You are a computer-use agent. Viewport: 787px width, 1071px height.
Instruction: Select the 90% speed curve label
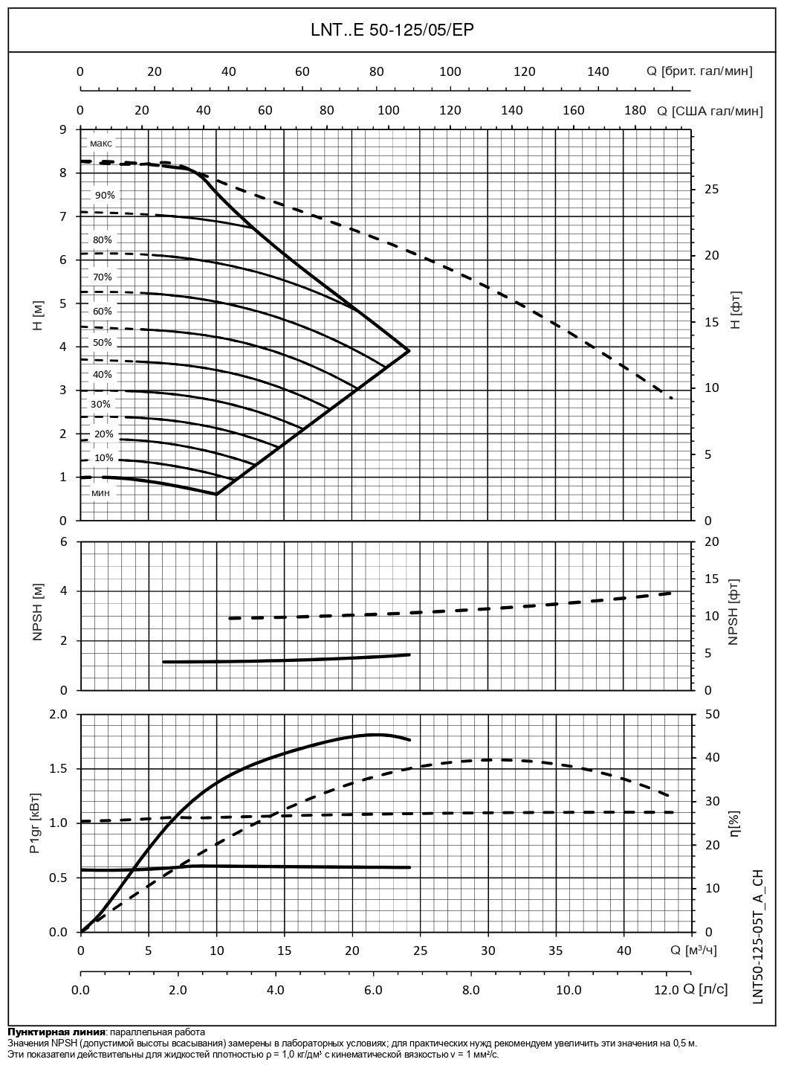(x=105, y=195)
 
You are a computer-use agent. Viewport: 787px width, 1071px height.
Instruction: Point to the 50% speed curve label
(x=103, y=342)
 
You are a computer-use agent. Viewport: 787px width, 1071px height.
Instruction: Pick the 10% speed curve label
(x=104, y=458)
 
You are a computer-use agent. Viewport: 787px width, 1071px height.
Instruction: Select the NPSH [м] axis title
(x=39, y=615)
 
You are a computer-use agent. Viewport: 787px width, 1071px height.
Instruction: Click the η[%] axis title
(x=735, y=823)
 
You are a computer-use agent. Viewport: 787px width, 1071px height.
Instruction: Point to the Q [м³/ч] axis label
(x=694, y=950)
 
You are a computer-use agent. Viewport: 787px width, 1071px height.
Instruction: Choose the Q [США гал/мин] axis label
(x=710, y=111)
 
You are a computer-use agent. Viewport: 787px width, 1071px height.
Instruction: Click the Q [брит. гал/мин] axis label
(x=699, y=71)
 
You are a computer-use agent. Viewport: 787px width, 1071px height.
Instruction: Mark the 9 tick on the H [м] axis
(x=63, y=129)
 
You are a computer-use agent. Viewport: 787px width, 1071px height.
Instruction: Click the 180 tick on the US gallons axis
(x=635, y=111)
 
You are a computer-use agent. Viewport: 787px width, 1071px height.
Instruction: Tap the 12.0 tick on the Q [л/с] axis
(x=667, y=990)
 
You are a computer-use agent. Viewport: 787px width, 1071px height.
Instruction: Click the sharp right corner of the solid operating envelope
(x=409, y=350)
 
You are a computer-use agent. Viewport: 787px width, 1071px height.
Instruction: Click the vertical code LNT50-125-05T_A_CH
(x=757, y=936)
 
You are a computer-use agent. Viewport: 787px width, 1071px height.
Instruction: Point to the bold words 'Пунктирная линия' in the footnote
(x=56, y=1032)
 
